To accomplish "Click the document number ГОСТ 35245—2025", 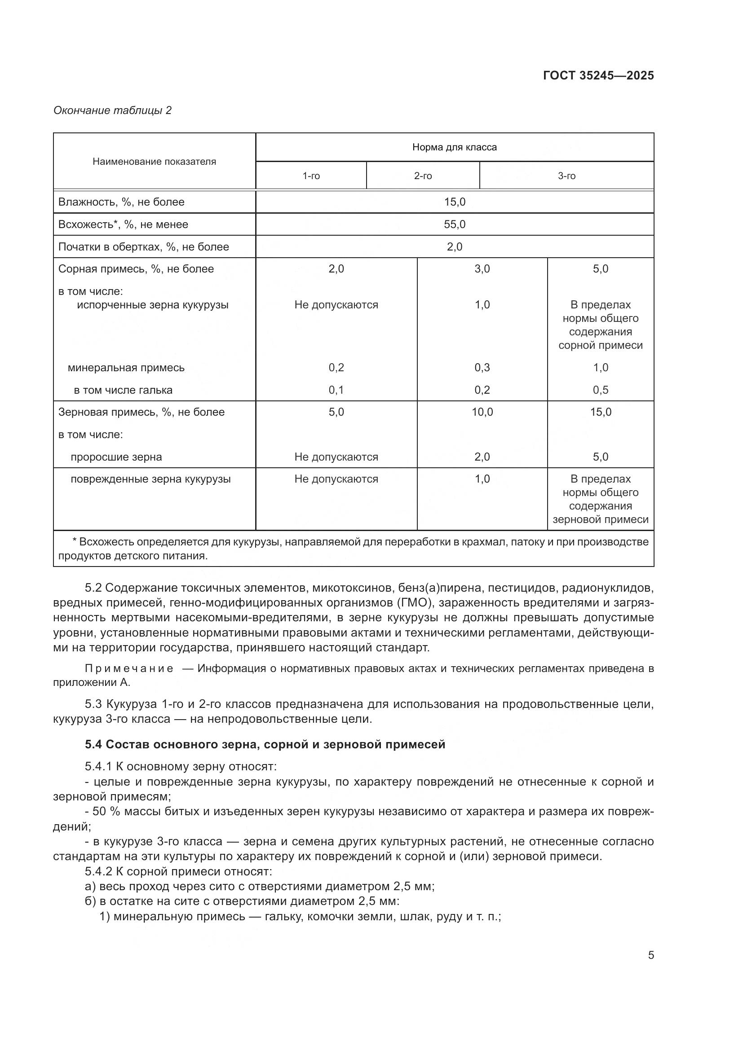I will [x=598, y=75].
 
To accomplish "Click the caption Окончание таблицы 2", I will [x=113, y=110].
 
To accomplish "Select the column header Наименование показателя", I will [x=154, y=162].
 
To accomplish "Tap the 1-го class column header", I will [x=311, y=176].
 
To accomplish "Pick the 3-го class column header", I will [x=566, y=176].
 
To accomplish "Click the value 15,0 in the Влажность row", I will [x=454, y=202].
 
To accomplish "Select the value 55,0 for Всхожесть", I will [x=454, y=224].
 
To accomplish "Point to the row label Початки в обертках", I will [x=143, y=247].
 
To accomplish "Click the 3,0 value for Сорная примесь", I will [x=482, y=269].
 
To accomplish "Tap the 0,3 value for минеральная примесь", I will [x=482, y=368].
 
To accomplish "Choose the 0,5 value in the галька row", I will [x=600, y=390].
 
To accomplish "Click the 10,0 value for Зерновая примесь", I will [x=482, y=412].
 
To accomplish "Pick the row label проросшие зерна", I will [x=116, y=457].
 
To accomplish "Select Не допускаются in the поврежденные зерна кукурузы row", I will [x=336, y=479].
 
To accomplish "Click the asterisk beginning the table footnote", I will [x=75, y=541].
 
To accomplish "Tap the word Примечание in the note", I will [x=129, y=668].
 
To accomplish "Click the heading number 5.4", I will [x=93, y=744].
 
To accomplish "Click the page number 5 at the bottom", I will [x=650, y=955].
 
